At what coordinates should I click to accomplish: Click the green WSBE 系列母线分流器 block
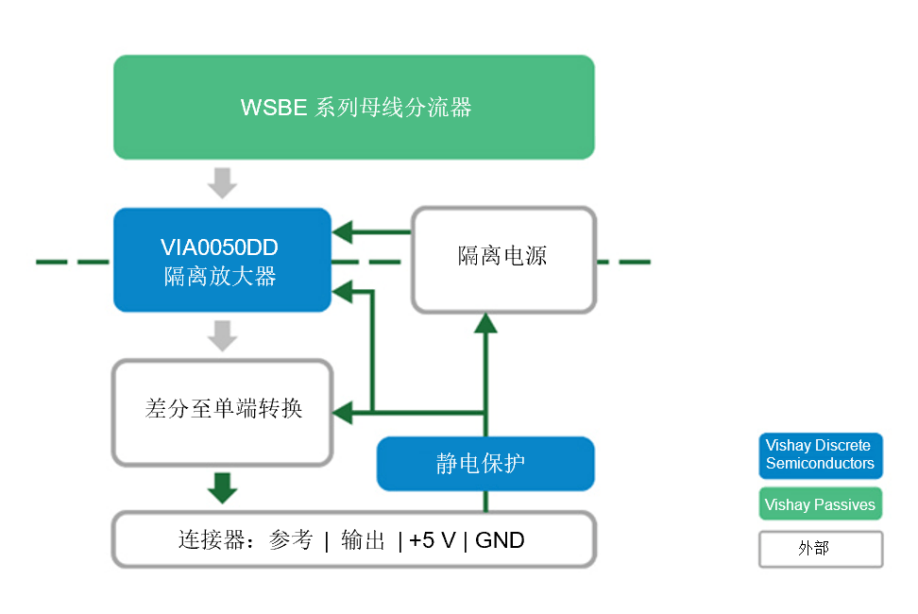tap(354, 107)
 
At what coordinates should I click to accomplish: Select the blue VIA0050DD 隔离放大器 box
tap(222, 260)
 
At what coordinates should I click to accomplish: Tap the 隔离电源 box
tap(503, 257)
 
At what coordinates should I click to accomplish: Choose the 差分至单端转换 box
tap(223, 411)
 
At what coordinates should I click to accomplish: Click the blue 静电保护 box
tap(485, 464)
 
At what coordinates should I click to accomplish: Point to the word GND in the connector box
tap(500, 541)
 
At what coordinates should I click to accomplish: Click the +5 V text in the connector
tap(433, 541)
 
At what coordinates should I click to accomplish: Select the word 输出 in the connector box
tap(364, 541)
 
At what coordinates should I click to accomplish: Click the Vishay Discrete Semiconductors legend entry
tap(820, 454)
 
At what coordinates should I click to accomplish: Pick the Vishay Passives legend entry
tap(820, 504)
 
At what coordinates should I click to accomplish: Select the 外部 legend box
tap(820, 548)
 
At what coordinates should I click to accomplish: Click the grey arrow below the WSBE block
tap(223, 181)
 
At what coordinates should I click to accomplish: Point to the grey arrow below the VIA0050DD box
tap(223, 334)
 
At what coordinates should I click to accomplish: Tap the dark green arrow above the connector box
tap(223, 487)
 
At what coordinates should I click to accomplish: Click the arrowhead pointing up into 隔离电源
tap(485, 325)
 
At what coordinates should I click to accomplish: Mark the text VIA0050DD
tap(220, 247)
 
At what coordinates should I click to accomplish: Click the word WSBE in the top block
tap(274, 108)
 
